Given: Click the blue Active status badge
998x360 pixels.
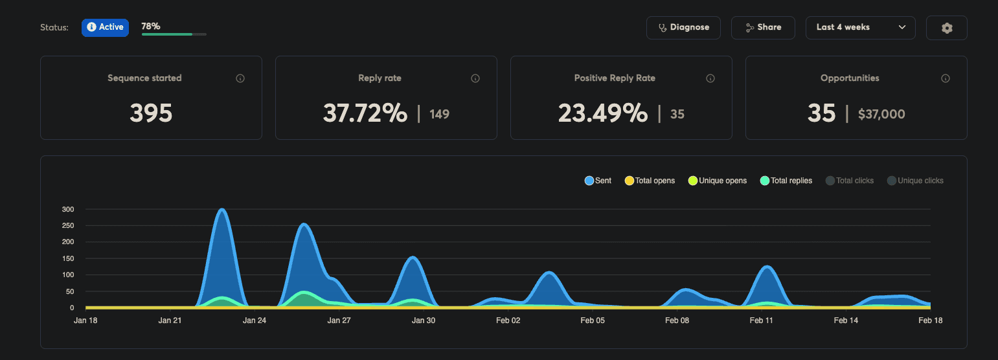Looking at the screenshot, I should click(105, 27).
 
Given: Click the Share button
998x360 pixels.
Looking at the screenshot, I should click(763, 28).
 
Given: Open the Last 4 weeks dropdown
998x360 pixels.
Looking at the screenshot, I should click(860, 28).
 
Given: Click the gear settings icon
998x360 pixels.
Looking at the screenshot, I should click(946, 28).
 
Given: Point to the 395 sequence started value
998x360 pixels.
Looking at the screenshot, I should click(151, 113).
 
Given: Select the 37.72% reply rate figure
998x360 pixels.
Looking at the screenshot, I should click(365, 113).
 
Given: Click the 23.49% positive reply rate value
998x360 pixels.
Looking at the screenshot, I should click(602, 113).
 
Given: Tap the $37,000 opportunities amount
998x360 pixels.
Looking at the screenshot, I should click(881, 115).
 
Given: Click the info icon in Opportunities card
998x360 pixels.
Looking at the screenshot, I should click(945, 78).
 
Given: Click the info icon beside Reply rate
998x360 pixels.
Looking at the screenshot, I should click(475, 78).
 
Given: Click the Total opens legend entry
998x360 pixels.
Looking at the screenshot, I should click(650, 181).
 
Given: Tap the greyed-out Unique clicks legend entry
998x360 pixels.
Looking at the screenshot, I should click(915, 181).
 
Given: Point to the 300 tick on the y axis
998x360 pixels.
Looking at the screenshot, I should click(68, 210).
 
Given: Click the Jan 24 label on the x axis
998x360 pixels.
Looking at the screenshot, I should click(254, 321).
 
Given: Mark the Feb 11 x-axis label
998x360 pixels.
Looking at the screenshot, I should click(761, 321).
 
